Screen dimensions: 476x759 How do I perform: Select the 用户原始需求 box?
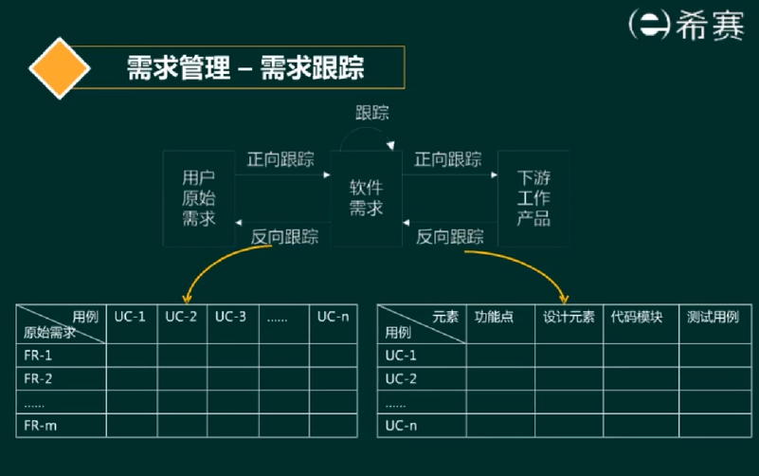tap(199, 198)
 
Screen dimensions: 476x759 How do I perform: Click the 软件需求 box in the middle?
tap(366, 197)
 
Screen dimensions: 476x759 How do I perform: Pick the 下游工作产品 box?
tap(533, 198)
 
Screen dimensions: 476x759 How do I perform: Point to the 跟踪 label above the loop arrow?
tap(371, 113)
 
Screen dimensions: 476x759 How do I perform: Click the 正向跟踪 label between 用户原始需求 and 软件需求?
tap(280, 159)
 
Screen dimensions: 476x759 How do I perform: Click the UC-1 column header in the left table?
tap(131, 317)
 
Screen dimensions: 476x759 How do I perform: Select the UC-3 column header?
tap(230, 317)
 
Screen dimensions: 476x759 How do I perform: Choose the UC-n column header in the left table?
tap(333, 317)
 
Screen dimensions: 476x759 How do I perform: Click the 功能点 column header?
tap(494, 318)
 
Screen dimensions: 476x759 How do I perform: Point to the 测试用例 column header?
tap(713, 318)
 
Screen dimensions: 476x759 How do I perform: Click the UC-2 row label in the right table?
tap(401, 379)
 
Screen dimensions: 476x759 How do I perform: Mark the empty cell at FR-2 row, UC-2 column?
tap(181, 379)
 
